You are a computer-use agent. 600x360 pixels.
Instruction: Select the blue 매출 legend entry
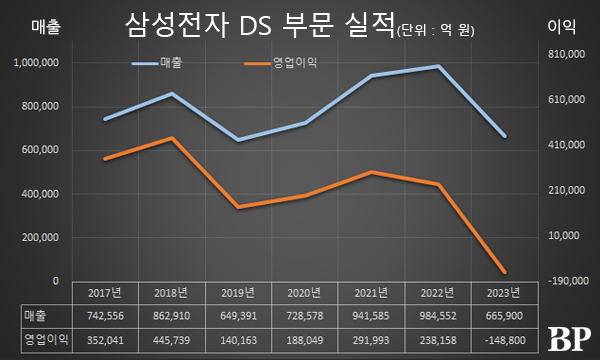165,65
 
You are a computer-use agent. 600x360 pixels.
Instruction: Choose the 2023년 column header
503,293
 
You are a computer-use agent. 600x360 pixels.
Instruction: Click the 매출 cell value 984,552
437,316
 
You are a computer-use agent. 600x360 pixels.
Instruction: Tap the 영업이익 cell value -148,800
503,339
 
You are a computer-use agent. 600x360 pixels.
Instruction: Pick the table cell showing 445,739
172,339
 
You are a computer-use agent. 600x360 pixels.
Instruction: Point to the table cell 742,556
105,316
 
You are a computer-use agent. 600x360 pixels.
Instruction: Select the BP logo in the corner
569,338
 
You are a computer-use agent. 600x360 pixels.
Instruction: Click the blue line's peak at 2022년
437,66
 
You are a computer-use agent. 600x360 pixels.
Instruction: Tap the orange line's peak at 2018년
172,138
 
